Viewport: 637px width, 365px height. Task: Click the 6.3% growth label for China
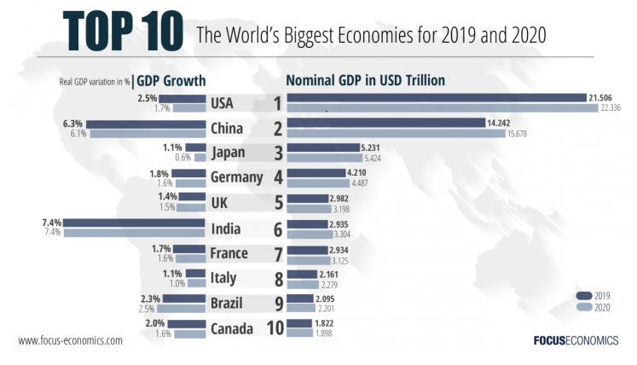[x=73, y=124]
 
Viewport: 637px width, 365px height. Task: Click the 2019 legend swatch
[x=585, y=295]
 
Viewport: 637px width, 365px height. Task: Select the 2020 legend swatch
[x=585, y=307]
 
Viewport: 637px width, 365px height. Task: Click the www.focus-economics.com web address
[x=70, y=340]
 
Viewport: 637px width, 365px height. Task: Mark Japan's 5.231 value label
[x=374, y=148]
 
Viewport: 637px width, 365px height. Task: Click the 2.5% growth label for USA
[x=148, y=98]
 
